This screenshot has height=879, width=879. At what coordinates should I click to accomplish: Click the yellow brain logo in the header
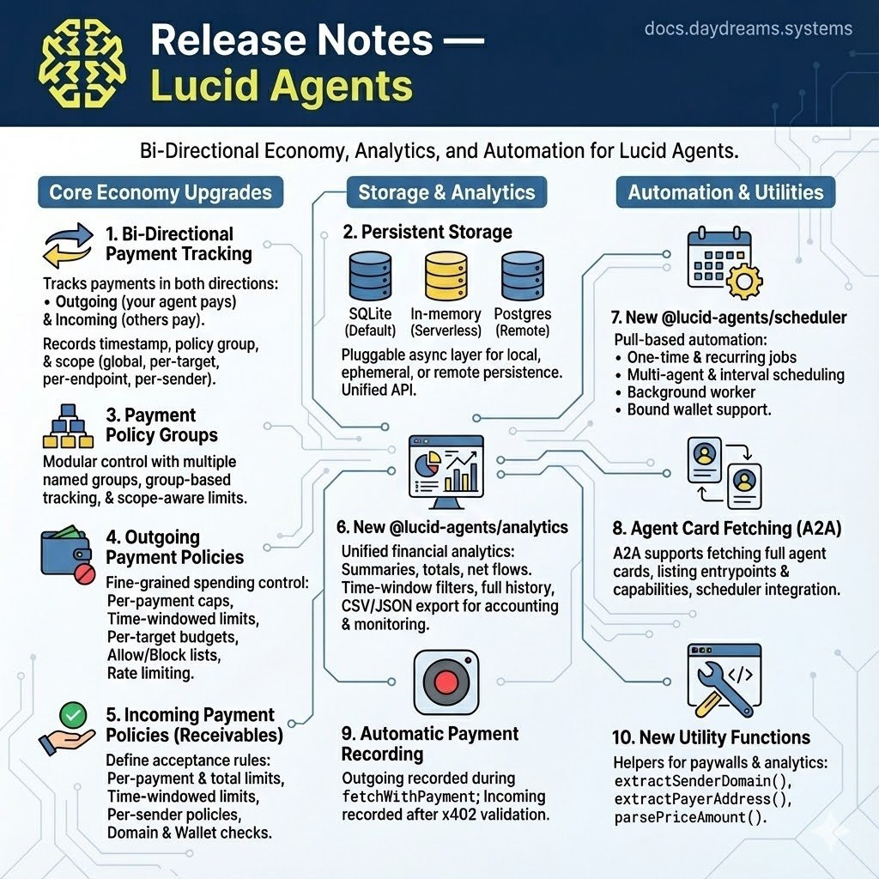pos(82,62)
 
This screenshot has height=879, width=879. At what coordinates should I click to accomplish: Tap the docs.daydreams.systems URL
pos(748,28)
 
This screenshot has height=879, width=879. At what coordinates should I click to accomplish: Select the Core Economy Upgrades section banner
pos(161,192)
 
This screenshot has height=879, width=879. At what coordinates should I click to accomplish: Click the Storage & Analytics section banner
pos(446,192)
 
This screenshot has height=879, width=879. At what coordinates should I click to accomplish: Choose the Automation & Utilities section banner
pos(725,192)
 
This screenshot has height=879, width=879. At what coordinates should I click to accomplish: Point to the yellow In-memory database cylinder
pos(446,276)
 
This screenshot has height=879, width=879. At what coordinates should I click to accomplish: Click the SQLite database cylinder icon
pos(370,276)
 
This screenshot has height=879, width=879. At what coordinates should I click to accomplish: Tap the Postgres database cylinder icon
pos(523,276)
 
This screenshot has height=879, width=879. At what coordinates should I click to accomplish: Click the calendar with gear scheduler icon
pos(724,263)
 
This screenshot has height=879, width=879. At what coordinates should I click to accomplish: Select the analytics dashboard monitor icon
pos(446,471)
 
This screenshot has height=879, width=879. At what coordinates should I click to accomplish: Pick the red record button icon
pos(446,682)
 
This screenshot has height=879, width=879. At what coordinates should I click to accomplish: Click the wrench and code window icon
pos(724,680)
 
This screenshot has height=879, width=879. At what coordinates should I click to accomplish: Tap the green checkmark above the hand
pos(73,715)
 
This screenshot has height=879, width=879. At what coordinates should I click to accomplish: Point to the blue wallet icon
pos(67,555)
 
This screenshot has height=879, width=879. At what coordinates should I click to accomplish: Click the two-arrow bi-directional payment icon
pos(68,246)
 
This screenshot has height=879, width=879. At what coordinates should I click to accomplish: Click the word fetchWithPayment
pos(409,797)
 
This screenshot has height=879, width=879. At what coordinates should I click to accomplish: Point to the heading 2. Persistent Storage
pos(427,232)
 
